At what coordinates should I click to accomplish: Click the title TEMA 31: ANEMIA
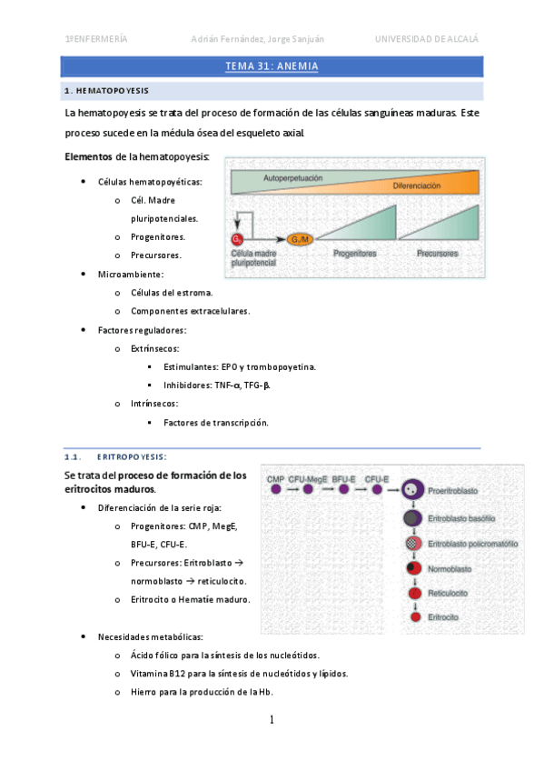272,66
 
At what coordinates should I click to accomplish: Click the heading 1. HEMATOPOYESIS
106,91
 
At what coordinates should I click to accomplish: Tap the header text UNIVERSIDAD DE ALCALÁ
427,39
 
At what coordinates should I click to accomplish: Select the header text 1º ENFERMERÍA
96,39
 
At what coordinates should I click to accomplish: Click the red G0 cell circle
237,239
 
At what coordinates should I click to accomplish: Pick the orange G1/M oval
300,239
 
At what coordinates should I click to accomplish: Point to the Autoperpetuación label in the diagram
293,178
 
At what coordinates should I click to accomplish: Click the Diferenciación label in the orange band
416,185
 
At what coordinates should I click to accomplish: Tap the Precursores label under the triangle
438,254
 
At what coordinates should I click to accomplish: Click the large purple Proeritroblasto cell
412,490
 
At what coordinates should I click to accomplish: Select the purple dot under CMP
276,489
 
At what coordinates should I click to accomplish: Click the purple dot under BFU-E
343,489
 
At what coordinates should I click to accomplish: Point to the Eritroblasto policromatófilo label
473,544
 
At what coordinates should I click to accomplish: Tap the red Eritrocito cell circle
416,617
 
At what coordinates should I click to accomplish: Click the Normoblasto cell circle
414,568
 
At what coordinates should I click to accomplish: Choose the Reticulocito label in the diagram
448,594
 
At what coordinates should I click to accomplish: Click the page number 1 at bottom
272,720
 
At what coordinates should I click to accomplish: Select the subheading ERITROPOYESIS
132,457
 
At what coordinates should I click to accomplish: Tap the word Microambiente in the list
130,275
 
